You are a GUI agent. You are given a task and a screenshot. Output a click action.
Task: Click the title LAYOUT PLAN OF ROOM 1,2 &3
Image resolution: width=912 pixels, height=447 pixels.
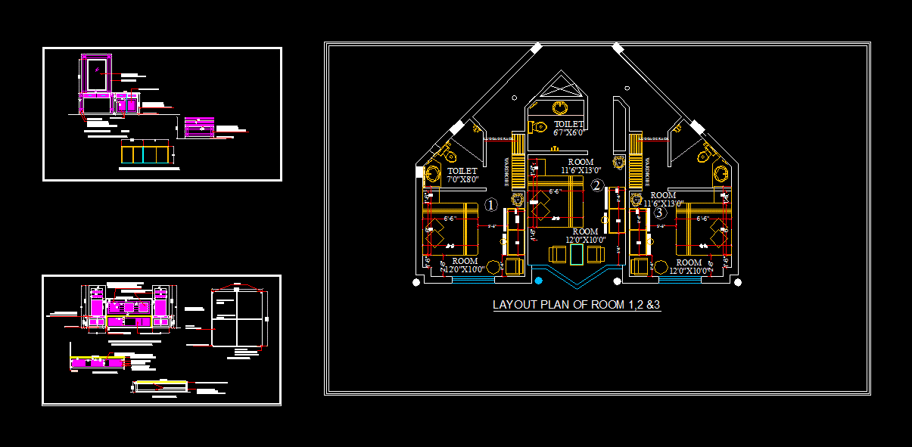click(x=577, y=306)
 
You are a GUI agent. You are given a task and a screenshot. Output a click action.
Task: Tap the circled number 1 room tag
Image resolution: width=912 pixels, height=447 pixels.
click(x=490, y=205)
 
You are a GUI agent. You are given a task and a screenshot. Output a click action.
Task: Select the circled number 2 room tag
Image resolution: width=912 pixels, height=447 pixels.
click(x=596, y=185)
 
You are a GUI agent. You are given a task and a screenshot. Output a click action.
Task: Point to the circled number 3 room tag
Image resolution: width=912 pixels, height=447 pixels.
click(x=660, y=213)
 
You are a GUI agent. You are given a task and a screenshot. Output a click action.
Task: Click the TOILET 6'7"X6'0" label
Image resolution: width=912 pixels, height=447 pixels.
click(x=568, y=128)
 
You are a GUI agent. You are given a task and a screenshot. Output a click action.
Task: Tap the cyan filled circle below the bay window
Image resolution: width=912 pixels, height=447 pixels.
click(x=538, y=281)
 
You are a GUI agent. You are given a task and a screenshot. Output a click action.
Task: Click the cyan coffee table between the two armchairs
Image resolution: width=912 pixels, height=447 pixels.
click(x=577, y=254)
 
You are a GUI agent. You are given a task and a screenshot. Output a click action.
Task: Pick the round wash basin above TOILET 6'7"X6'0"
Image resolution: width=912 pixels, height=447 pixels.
click(x=561, y=107)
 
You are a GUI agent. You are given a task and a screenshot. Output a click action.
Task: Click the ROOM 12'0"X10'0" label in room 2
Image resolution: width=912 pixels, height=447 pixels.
click(x=585, y=236)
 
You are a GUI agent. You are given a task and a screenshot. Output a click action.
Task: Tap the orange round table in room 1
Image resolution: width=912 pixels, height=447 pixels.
click(x=493, y=266)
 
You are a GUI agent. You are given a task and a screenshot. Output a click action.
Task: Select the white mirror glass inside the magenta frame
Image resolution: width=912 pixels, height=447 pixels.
click(x=96, y=74)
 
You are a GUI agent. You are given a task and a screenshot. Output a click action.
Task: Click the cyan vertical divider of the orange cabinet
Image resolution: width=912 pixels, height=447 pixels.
click(x=142, y=154)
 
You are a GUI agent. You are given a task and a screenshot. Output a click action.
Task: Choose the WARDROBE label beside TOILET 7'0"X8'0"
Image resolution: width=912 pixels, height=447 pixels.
click(x=506, y=172)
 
